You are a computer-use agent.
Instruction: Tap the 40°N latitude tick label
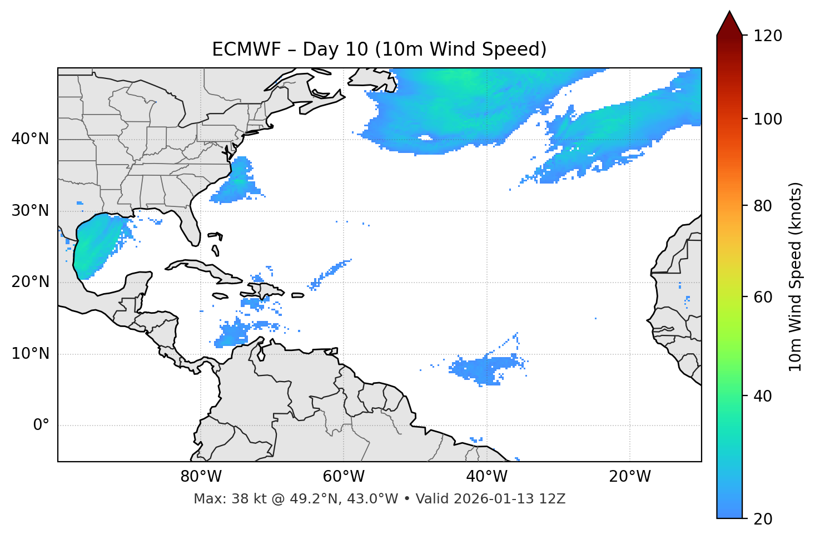click(30, 139)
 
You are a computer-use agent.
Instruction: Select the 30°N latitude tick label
click(30, 211)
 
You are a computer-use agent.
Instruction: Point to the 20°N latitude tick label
click(30, 282)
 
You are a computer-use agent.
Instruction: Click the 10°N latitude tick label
click(30, 354)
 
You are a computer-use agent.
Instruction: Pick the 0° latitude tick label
click(41, 426)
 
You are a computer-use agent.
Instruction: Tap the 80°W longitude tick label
click(201, 477)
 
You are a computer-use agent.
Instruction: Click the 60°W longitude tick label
click(344, 477)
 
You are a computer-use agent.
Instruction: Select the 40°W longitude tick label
click(486, 477)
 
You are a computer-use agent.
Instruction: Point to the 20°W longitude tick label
click(630, 477)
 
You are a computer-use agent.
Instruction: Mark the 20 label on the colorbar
click(762, 519)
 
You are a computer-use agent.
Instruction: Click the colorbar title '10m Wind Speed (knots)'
click(796, 276)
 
